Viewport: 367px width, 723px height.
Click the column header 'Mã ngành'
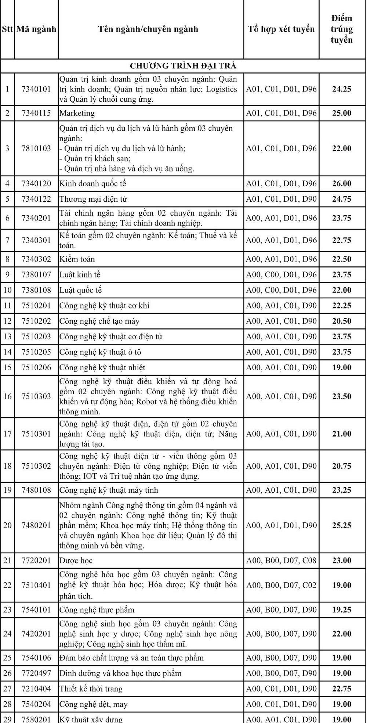(36, 29)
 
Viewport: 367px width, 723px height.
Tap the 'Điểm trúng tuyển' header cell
(341, 29)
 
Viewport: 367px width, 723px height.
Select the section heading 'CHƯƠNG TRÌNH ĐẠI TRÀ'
(183, 66)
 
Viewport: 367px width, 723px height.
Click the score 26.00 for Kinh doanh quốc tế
(341, 183)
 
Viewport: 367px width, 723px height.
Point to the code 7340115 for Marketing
(36, 113)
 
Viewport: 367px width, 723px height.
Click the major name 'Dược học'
(76, 560)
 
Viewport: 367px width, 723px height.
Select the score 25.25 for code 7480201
(341, 525)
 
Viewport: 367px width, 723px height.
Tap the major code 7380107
(36, 274)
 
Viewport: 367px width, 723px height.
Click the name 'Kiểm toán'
(77, 259)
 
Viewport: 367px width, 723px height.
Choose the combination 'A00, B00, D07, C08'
(281, 560)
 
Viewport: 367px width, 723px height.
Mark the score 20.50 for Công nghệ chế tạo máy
(341, 321)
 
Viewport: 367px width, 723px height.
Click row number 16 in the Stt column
(7, 396)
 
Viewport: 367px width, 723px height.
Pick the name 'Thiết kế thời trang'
(91, 688)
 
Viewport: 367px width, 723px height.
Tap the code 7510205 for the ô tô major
(36, 352)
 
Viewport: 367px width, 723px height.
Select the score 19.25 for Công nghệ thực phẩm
(341, 609)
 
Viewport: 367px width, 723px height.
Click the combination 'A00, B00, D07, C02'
(281, 585)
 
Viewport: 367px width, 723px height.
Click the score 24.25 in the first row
(341, 89)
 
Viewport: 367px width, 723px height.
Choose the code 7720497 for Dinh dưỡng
(36, 673)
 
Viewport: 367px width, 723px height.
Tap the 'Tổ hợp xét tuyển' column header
(281, 29)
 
